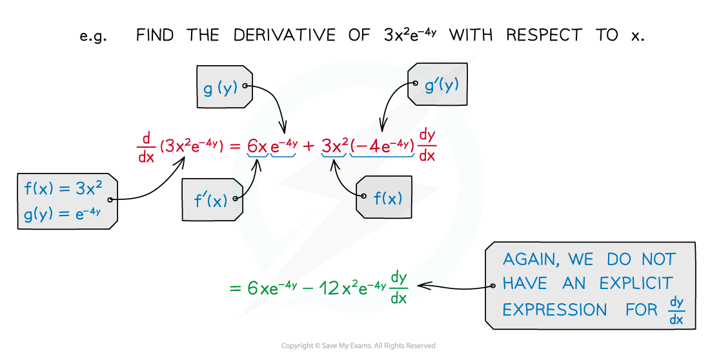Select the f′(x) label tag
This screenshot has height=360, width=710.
211,201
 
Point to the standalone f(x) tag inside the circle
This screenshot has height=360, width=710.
387,197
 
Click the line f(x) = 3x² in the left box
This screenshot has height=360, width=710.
63,188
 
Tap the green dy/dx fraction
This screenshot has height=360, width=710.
399,288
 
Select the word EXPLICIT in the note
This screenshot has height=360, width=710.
636,284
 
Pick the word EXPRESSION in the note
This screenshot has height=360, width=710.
554,310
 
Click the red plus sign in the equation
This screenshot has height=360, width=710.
309,146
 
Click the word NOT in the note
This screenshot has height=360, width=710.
658,260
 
